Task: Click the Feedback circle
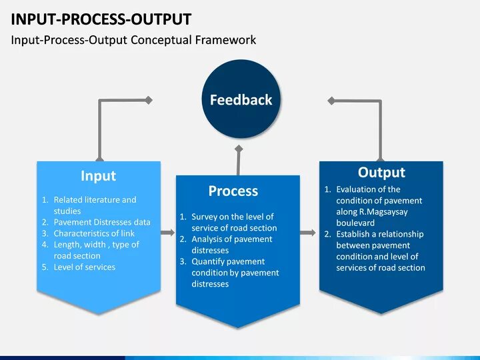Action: pyautogui.click(x=241, y=100)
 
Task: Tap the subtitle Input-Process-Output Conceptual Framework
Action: pyautogui.click(x=133, y=40)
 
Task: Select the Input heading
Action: pyautogui.click(x=98, y=176)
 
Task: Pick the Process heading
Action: pyautogui.click(x=233, y=191)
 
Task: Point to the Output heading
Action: pyautogui.click(x=381, y=173)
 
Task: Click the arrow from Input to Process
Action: pyautogui.click(x=167, y=233)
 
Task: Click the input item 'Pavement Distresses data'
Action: pyautogui.click(x=102, y=222)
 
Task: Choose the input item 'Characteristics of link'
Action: pyautogui.click(x=94, y=233)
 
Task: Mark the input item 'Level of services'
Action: pyautogui.click(x=84, y=267)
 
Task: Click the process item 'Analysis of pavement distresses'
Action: pyautogui.click(x=232, y=245)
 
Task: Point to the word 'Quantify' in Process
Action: pyautogui.click(x=208, y=261)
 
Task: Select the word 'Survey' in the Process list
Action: pyautogui.click(x=205, y=217)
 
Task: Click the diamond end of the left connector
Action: pyautogui.click(x=149, y=100)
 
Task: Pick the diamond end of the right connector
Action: pyautogui.click(x=331, y=100)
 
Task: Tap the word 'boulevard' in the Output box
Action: pyautogui.click(x=355, y=223)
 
